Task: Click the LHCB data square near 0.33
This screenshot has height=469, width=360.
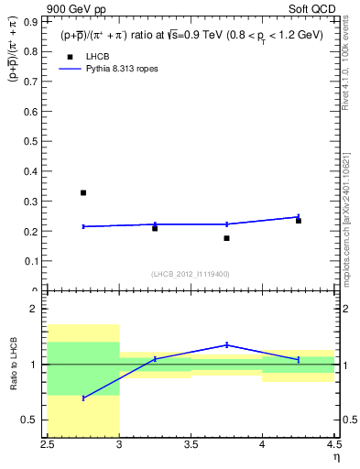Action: pos(83,192)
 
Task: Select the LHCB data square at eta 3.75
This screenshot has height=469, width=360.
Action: pos(226,238)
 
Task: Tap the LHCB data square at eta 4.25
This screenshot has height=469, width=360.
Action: pos(299,221)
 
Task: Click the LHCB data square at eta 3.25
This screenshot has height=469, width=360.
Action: pos(155,228)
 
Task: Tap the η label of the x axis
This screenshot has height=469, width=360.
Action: pos(335,457)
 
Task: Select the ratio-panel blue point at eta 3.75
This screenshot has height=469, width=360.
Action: pos(226,345)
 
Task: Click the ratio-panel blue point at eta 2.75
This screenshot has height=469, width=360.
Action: pos(83,398)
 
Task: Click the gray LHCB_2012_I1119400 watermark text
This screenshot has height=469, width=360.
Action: pos(191,274)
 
